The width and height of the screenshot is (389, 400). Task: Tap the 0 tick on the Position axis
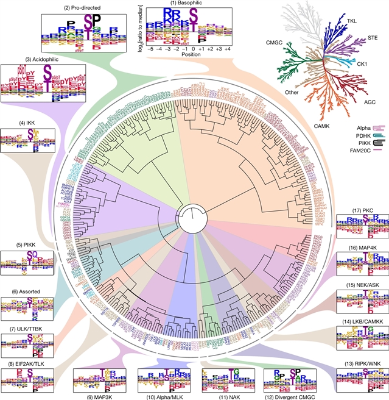click(194, 47)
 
